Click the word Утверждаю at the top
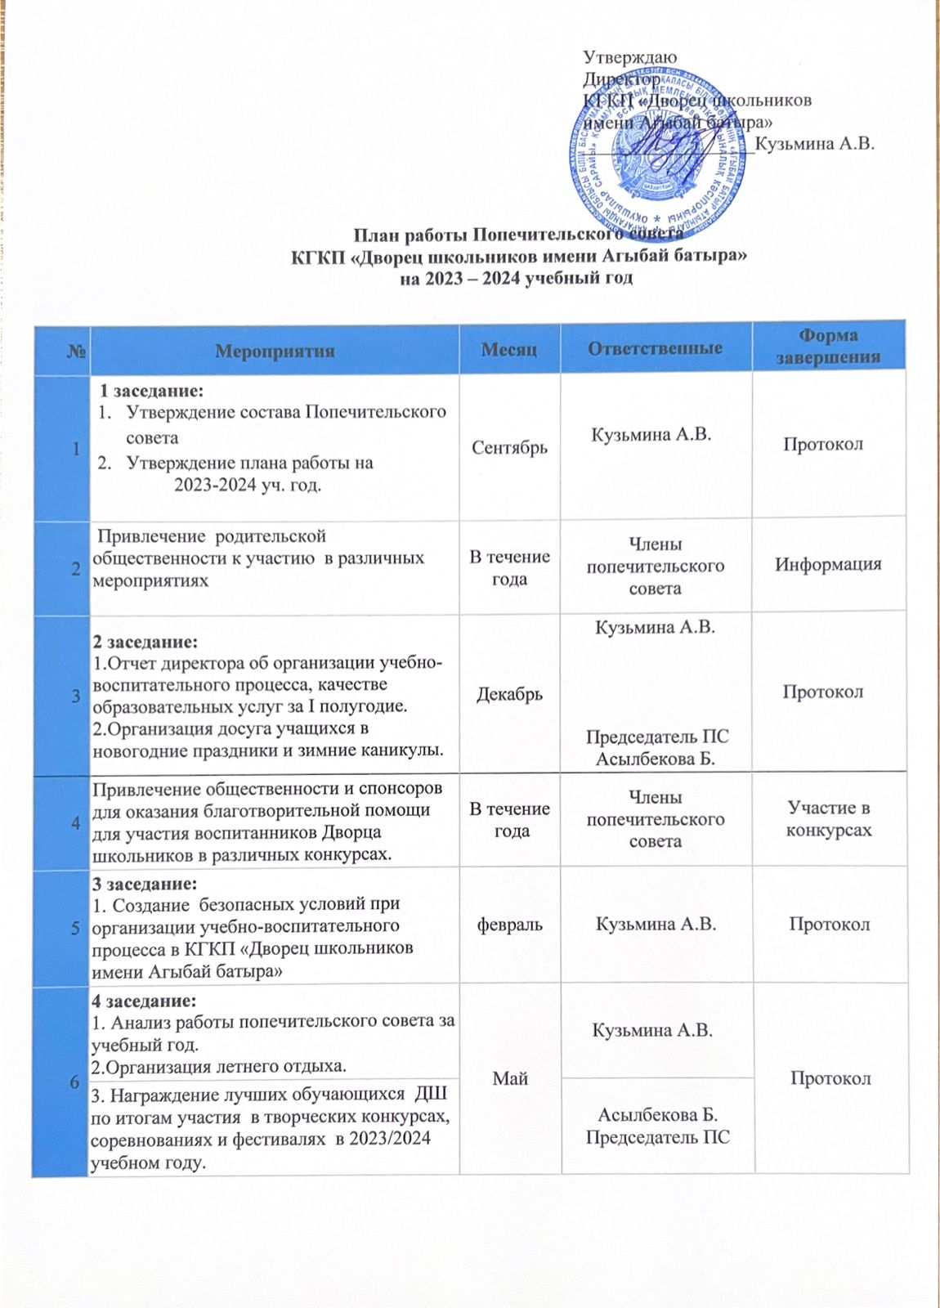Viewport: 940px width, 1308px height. pyautogui.click(x=629, y=57)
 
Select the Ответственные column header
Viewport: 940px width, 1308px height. pyautogui.click(x=655, y=348)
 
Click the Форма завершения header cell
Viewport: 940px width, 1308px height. pyautogui.click(x=828, y=347)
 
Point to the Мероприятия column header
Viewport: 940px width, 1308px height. pyautogui.click(x=275, y=352)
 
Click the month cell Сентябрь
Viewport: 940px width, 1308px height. pyautogui.click(x=509, y=447)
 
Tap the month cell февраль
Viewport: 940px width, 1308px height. pyautogui.click(x=509, y=925)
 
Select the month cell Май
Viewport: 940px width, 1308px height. pyautogui.click(x=510, y=1079)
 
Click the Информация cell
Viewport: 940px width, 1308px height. pyautogui.click(x=828, y=564)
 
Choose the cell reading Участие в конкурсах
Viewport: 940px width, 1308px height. pyautogui.click(x=829, y=819)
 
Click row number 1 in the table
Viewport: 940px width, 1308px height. pyautogui.click(x=76, y=449)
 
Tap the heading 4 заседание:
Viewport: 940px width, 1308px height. pyautogui.click(x=144, y=1001)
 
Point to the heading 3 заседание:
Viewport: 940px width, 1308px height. pyautogui.click(x=145, y=884)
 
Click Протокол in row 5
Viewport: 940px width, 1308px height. pyautogui.click(x=829, y=925)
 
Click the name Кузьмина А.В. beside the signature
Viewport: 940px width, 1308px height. pyautogui.click(x=815, y=144)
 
